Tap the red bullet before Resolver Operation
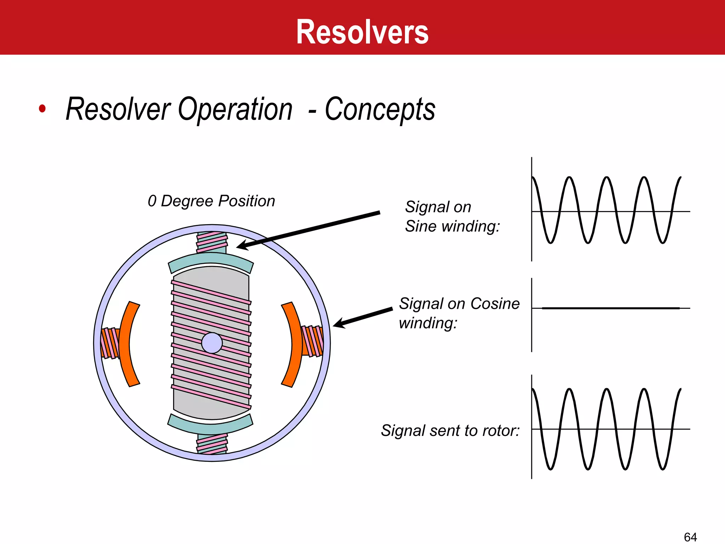(42, 108)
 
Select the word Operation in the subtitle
(235, 109)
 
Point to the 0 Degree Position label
(211, 201)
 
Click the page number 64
(690, 537)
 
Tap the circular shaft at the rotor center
(212, 343)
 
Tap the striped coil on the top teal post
(212, 242)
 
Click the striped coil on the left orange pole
(110, 343)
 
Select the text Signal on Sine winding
(452, 216)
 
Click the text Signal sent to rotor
(450, 431)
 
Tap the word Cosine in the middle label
(495, 304)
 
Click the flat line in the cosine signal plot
(611, 308)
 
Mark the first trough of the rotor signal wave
(550, 468)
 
